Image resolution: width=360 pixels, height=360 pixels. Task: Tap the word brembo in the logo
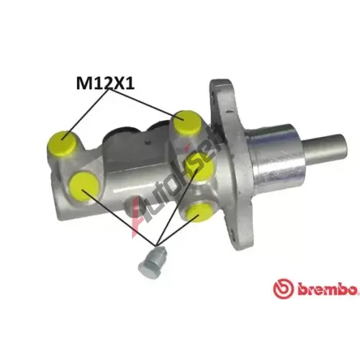[x=328, y=289]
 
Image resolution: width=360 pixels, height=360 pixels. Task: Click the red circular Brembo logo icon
[x=283, y=289]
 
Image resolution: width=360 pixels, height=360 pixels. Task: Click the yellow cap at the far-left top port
[x=62, y=143]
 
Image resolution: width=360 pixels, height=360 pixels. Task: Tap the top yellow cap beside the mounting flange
[x=186, y=122]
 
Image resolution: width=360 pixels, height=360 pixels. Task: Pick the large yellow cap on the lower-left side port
[x=84, y=186]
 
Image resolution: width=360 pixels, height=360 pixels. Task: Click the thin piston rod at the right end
[x=325, y=148]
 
